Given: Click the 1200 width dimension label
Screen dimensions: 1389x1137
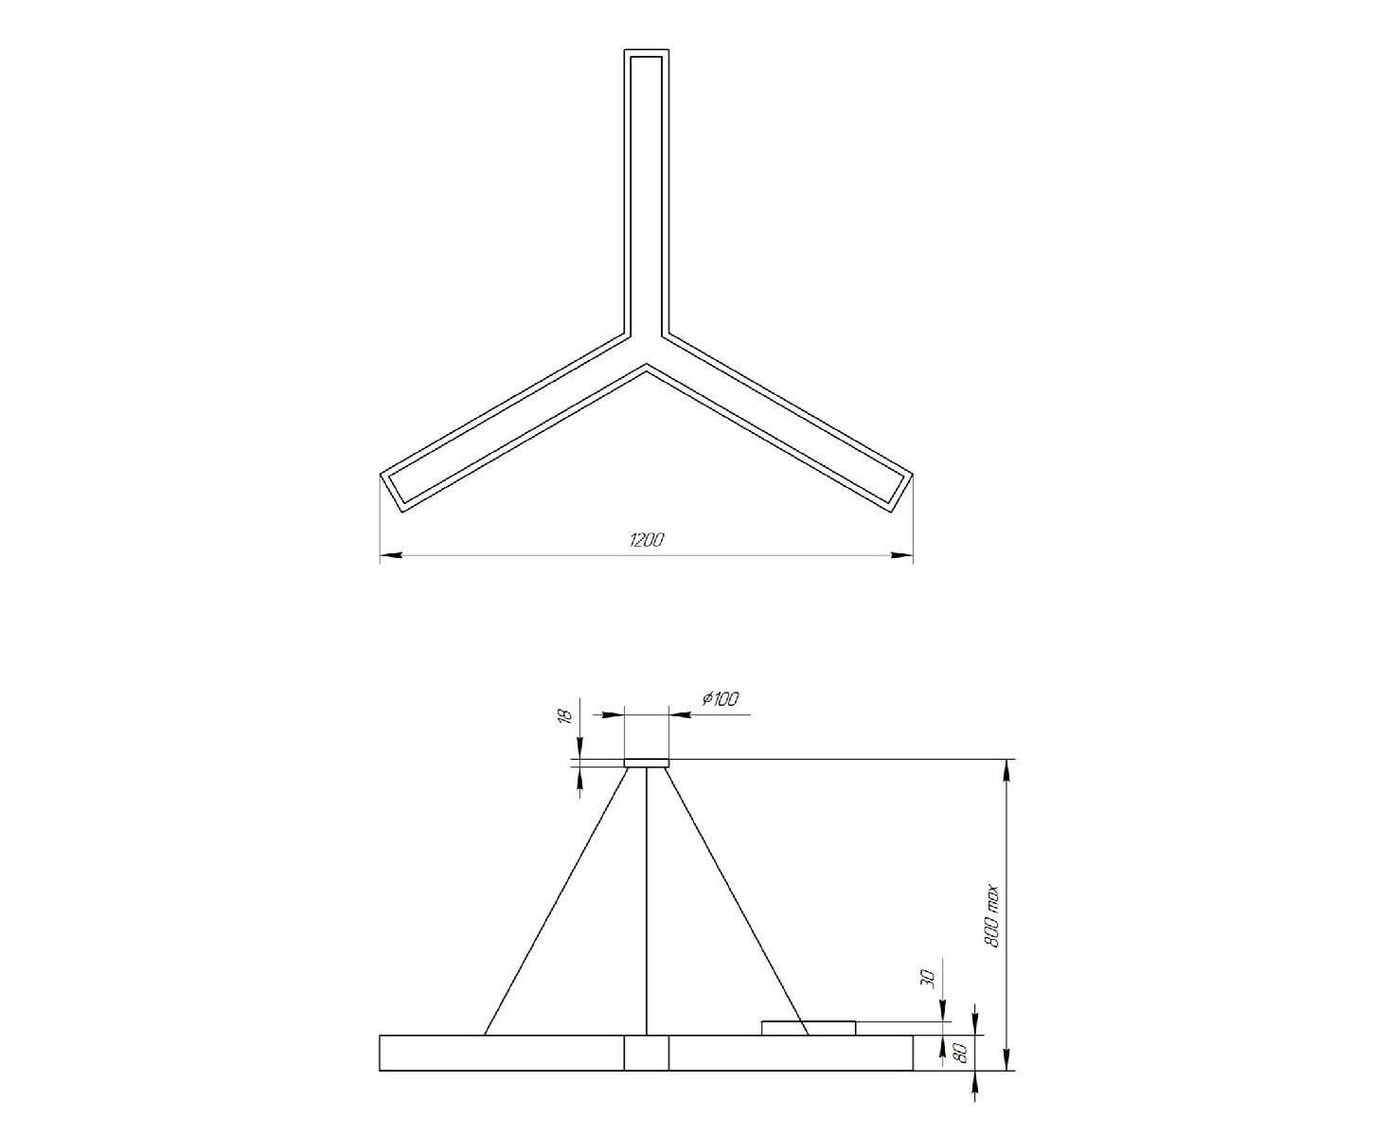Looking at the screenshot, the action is pos(647,540).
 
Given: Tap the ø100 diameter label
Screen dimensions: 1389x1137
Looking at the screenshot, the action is pos(721,698).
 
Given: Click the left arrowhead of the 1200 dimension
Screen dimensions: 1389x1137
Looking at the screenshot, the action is pos(391,555).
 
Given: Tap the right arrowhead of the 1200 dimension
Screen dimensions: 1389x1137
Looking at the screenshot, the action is pos(901,555).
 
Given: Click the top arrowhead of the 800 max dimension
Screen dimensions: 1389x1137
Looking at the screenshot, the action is pos(1007,770).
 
